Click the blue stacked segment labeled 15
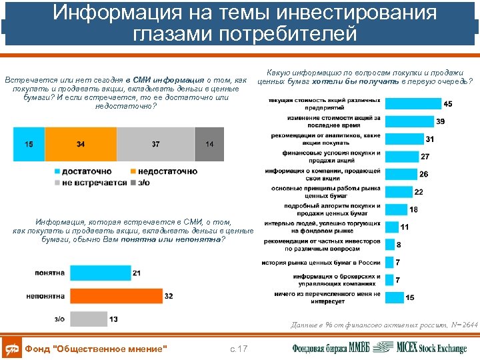point(29,145)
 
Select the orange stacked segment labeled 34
point(81,145)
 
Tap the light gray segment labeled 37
point(155,145)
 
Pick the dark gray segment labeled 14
point(209,145)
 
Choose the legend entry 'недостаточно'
point(163,171)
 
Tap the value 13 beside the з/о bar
point(113,319)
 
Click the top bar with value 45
point(413,104)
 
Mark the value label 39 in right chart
point(441,121)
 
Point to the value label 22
point(419,192)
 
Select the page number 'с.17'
point(238,349)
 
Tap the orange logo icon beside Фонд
point(12,348)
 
